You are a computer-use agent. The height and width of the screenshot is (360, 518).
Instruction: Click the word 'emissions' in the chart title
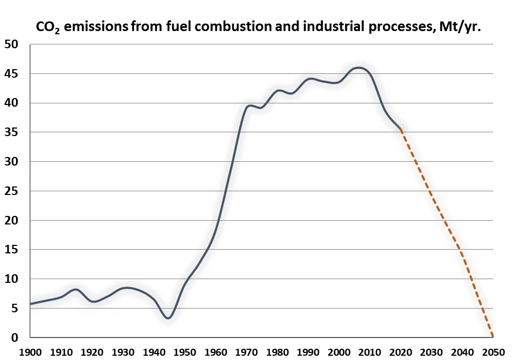pos(94,26)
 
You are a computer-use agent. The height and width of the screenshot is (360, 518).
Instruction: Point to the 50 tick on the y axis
pos(11,44)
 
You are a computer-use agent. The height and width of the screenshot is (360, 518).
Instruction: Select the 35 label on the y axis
pos(11,132)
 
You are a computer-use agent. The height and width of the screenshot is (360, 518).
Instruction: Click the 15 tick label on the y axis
pos(11,250)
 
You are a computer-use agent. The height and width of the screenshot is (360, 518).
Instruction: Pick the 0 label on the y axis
pos(14,337)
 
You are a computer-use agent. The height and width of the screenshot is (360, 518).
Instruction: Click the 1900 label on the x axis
pos(31,352)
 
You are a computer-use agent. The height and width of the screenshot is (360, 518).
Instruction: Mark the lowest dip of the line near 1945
pos(168,318)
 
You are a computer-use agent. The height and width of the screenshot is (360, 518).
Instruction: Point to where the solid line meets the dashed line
pos(401,130)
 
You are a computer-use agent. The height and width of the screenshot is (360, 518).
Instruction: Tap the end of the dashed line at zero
pos(492,337)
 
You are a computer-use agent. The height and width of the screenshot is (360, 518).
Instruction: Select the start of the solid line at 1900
pos(31,304)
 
